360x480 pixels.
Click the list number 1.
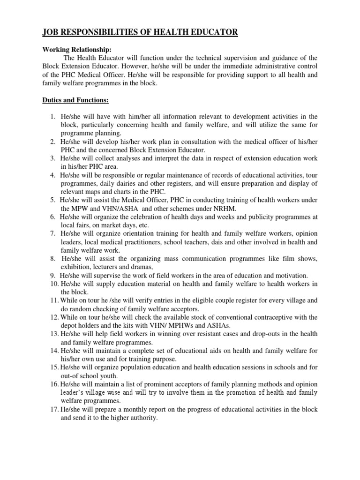[x=53, y=116]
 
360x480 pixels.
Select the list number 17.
[x=53, y=409]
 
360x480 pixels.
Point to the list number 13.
[x=53, y=334]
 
